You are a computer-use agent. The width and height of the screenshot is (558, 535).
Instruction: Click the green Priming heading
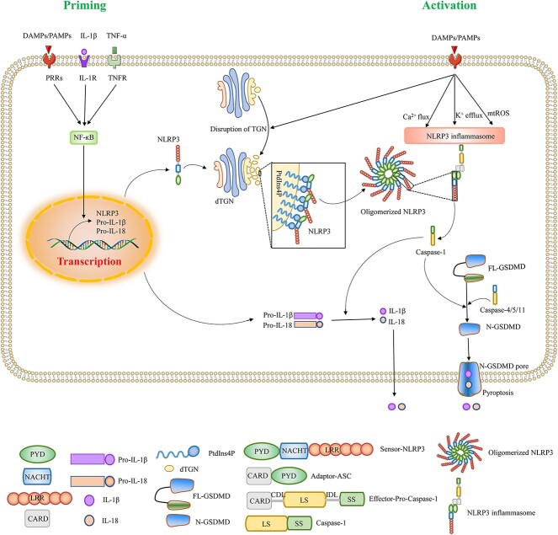85,6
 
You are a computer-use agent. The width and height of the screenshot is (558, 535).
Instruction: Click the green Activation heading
449,5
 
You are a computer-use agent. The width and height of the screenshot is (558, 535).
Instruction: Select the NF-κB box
83,137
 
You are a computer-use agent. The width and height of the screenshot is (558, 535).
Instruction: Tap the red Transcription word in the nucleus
89,261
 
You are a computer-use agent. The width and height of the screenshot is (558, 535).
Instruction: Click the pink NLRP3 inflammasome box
454,136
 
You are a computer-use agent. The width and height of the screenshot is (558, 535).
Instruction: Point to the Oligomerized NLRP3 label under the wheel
393,211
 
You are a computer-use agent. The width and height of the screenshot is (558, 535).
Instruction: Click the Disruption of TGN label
238,129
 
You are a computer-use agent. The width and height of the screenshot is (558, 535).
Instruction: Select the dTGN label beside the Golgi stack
224,201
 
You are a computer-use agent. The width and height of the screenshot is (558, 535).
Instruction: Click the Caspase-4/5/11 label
502,310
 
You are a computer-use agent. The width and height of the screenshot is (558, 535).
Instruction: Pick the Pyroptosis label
498,393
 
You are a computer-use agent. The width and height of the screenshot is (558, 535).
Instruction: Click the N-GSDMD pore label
504,366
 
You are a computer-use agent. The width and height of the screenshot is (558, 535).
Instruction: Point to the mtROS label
498,113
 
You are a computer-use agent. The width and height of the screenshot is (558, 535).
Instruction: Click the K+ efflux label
469,115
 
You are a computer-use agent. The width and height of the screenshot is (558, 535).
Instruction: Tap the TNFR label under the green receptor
118,78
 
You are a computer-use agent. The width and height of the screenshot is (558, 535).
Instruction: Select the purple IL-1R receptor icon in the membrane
84,57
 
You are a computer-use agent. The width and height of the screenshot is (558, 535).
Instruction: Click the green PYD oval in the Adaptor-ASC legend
289,476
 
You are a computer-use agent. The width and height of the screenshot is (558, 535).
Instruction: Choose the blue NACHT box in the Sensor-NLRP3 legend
295,451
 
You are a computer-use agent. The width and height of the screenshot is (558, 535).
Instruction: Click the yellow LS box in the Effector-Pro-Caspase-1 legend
304,500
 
